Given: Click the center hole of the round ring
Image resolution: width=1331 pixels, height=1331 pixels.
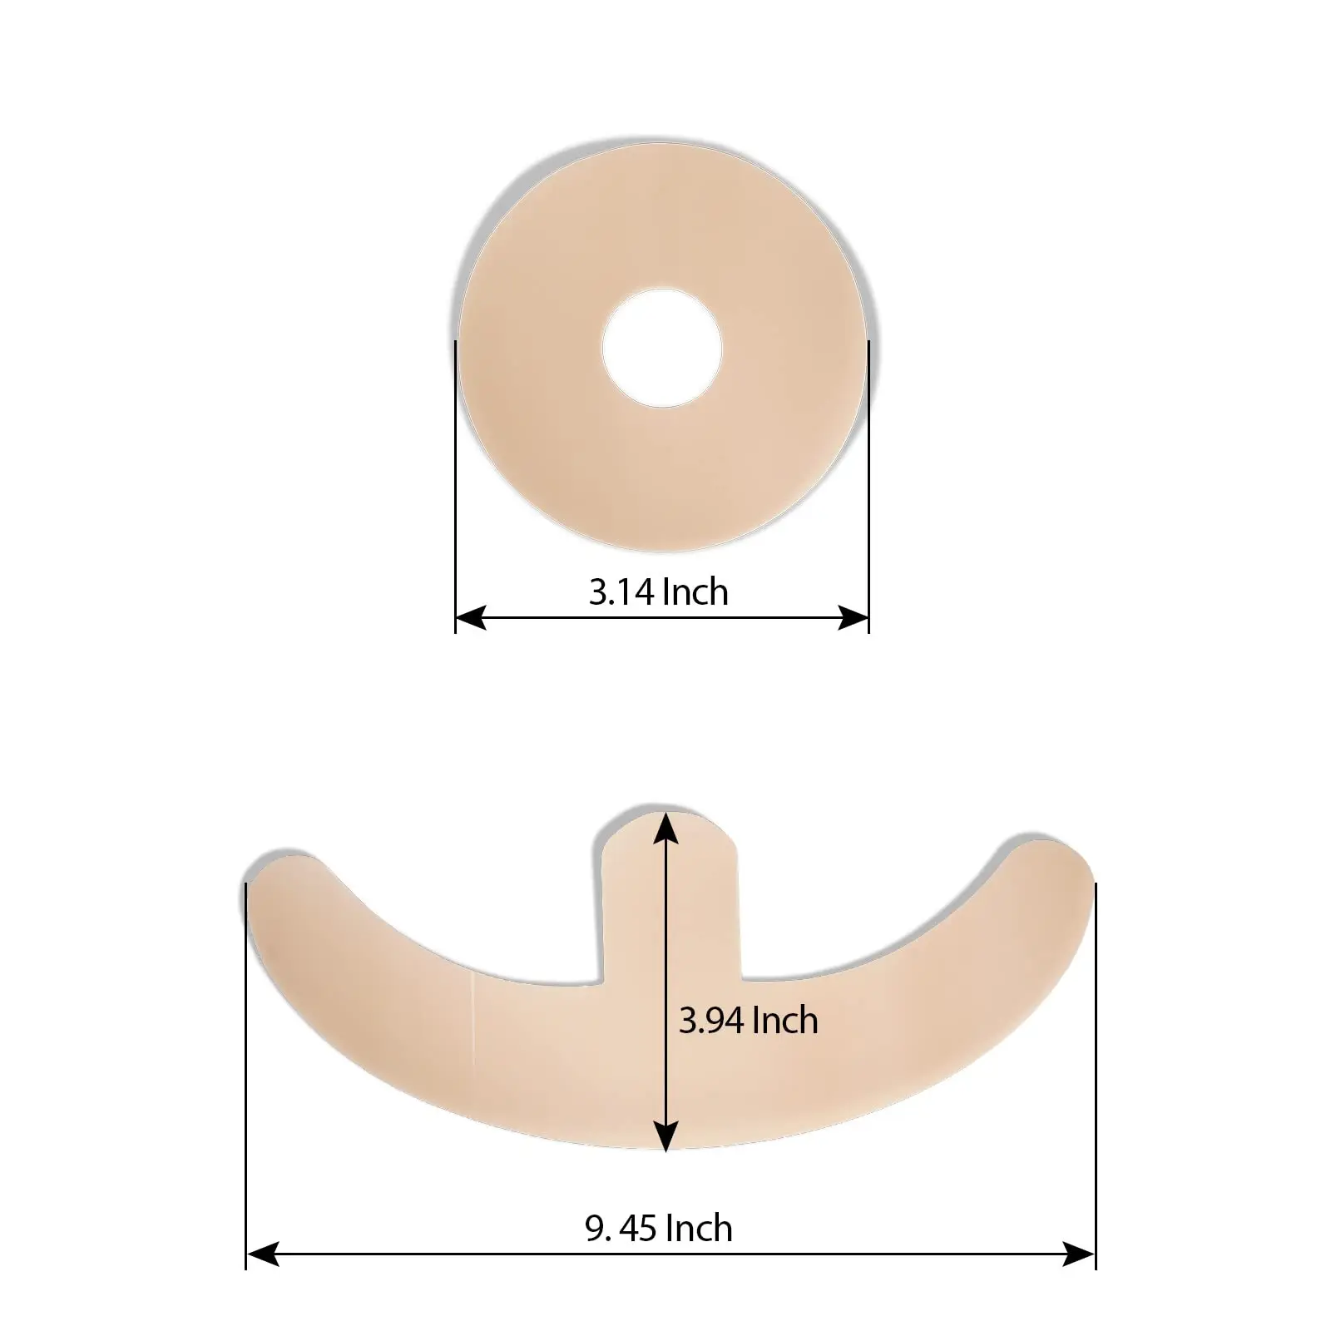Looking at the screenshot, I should [x=662, y=348].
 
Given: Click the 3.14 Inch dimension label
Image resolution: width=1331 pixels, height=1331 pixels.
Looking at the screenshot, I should [x=658, y=592].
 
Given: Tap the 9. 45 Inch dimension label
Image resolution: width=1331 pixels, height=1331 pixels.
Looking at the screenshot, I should [x=658, y=1229].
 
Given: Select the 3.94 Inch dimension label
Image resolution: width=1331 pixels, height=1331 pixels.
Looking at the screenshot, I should [x=748, y=1021].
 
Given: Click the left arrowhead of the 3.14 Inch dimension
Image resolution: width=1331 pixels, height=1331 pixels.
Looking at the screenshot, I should [x=471, y=617].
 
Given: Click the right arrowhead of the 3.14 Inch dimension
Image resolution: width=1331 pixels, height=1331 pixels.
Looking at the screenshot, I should [x=854, y=617].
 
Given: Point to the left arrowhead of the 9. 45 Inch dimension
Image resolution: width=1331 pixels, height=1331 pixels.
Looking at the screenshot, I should [x=261, y=1253].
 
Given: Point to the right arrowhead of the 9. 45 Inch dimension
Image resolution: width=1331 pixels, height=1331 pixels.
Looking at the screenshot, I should [x=1080, y=1253].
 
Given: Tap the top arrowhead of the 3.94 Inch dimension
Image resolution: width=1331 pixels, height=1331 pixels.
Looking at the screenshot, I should [x=665, y=827].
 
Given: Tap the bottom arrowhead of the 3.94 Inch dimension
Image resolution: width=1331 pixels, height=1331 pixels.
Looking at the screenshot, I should [x=665, y=1136].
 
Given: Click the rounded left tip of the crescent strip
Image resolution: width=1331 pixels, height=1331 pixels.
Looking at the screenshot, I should [x=279, y=882].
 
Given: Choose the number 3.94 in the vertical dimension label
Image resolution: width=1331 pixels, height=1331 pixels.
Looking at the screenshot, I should [x=712, y=1021].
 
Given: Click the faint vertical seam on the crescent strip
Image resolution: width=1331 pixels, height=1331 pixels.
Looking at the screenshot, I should [x=472, y=1019].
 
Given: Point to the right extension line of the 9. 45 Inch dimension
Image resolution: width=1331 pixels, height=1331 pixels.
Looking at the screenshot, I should [x=1096, y=1081].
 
